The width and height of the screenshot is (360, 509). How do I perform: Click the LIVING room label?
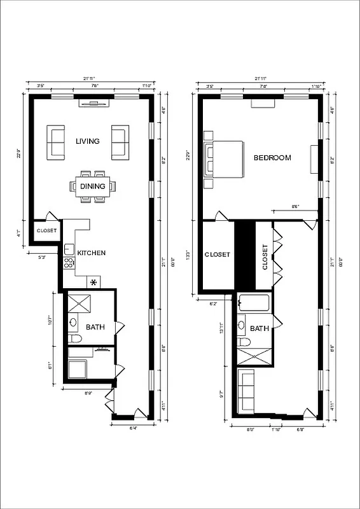[x=87, y=141]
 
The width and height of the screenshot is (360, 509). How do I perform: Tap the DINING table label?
[x=93, y=186]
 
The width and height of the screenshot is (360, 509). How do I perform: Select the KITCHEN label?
[x=91, y=253]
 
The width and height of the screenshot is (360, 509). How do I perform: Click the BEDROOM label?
[x=272, y=158]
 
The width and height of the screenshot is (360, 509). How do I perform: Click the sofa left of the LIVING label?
[x=56, y=143]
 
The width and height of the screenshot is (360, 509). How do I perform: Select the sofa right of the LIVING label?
[x=120, y=143]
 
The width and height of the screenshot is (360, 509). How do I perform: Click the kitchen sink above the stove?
[x=68, y=249]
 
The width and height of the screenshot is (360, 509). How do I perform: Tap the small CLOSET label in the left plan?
[x=46, y=231]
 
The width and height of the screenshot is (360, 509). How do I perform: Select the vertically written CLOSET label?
[x=265, y=257]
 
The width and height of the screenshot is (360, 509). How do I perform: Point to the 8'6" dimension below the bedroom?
[x=295, y=207]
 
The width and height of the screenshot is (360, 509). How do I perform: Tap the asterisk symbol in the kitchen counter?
[x=94, y=282]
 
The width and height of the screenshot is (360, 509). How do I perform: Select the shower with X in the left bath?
[x=81, y=302]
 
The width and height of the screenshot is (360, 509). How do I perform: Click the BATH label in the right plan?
[x=259, y=329]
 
